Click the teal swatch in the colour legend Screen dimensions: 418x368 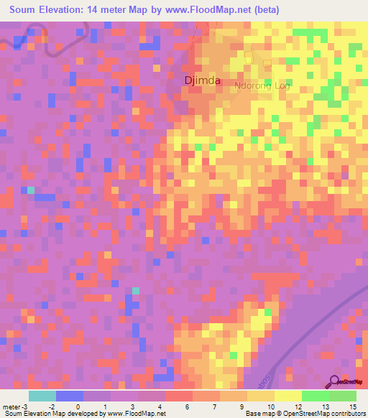tap(42, 396)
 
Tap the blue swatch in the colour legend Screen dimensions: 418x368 tap(69, 396)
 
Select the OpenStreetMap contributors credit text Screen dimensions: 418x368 tap(323, 414)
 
